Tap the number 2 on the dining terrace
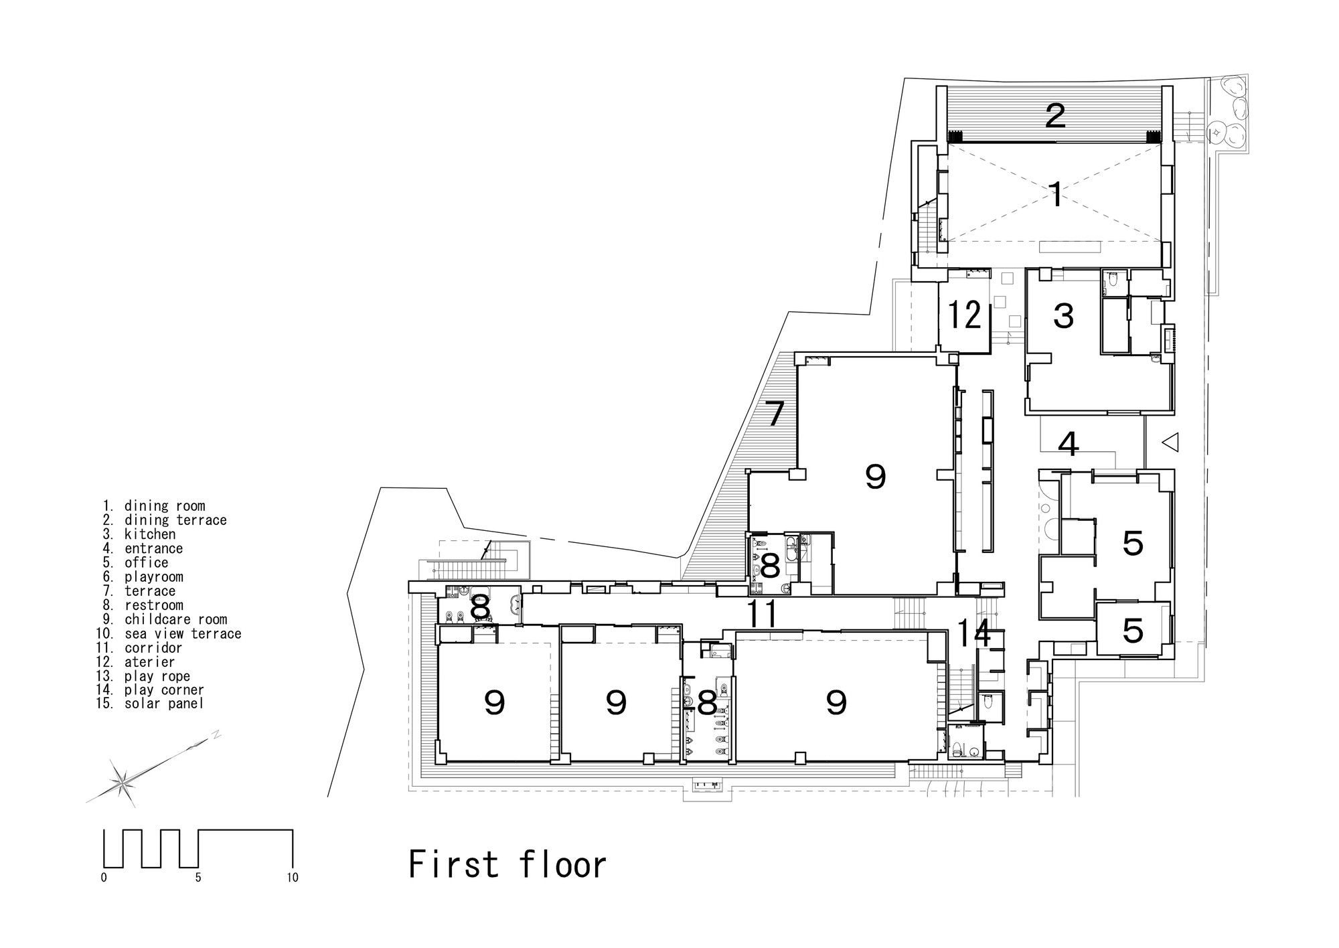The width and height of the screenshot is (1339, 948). pyautogui.click(x=1055, y=116)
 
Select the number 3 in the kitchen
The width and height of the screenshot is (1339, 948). pyautogui.click(x=1063, y=316)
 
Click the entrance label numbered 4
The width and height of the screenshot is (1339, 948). pyautogui.click(x=1069, y=444)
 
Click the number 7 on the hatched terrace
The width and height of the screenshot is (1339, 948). pyautogui.click(x=775, y=414)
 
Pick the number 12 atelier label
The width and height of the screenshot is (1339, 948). pyautogui.click(x=965, y=315)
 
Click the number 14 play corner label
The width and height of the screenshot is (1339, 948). pyautogui.click(x=973, y=633)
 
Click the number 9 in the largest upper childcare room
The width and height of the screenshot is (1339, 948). pyautogui.click(x=875, y=477)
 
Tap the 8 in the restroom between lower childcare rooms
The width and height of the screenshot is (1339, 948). pyautogui.click(x=707, y=704)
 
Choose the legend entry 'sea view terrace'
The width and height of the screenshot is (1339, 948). pyautogui.click(x=182, y=633)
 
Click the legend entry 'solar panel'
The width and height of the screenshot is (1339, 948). pyautogui.click(x=163, y=704)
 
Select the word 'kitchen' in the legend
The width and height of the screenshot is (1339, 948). pyautogui.click(x=150, y=534)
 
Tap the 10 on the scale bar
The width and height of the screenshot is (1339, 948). pyautogui.click(x=293, y=878)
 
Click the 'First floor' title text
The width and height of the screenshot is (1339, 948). pyautogui.click(x=507, y=864)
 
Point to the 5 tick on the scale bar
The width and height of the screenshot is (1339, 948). pyautogui.click(x=198, y=878)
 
